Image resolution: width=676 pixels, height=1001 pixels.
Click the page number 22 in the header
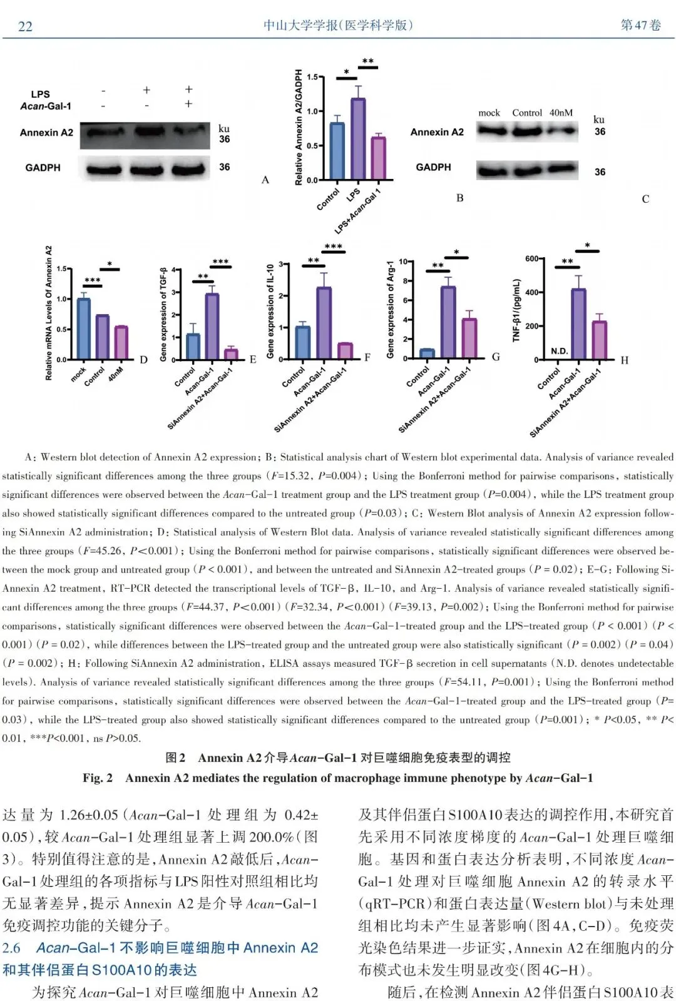point(25,26)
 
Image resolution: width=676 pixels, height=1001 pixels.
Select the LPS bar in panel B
point(358,139)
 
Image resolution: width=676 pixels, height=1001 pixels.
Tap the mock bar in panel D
point(83,328)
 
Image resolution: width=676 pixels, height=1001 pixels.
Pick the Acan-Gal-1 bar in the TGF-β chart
point(212,326)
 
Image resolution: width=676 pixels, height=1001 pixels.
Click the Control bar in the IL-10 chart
point(303,342)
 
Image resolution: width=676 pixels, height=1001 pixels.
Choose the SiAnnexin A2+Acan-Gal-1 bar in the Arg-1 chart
point(469,338)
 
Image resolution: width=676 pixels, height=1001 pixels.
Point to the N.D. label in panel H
point(560,351)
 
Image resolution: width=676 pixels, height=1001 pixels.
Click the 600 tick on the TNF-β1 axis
point(531,258)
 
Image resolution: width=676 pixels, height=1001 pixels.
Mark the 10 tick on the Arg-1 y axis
point(403,262)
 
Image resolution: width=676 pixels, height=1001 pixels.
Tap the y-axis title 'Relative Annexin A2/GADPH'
point(299,127)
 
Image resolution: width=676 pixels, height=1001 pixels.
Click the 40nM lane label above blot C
point(561,113)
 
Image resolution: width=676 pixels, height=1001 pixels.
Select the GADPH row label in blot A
point(43,168)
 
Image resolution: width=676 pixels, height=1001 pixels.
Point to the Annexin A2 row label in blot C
point(437,132)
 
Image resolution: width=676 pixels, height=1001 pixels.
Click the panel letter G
point(496,357)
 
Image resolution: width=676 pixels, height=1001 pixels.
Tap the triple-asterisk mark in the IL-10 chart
point(333,246)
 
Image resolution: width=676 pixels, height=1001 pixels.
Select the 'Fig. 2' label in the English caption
point(98,778)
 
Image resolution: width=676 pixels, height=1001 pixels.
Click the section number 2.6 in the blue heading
point(11,948)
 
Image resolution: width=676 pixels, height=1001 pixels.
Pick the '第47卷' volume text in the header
point(640,25)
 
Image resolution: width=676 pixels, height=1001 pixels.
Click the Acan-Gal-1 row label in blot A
point(46,106)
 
